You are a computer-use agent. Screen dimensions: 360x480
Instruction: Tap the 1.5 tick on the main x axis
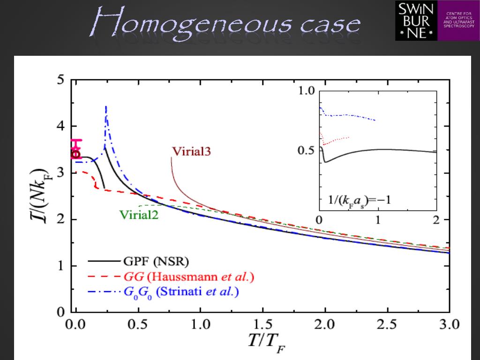coord(263,324)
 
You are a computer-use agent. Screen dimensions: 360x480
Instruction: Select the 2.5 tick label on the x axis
coord(387,324)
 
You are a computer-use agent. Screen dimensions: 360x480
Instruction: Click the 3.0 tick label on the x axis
coord(449,324)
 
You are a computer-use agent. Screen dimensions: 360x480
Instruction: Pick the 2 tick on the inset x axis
coord(436,220)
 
